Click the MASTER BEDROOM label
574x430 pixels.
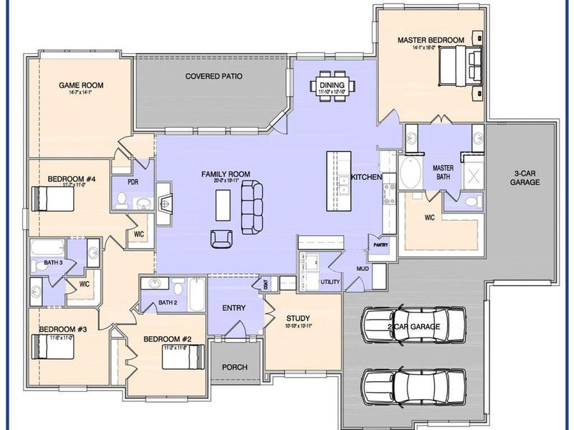pyautogui.click(x=430, y=40)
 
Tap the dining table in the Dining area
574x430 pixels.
pyautogui.click(x=332, y=87)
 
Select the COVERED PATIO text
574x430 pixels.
pyautogui.click(x=214, y=76)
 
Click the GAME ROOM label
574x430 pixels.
pyautogui.click(x=81, y=85)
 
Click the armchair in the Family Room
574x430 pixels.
pyautogui.click(x=221, y=238)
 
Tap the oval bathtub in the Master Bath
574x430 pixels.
pyautogui.click(x=411, y=173)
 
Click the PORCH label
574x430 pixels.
pyautogui.click(x=234, y=367)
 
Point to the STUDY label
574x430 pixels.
pyautogui.click(x=298, y=317)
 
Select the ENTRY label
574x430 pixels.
pyautogui.click(x=234, y=308)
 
